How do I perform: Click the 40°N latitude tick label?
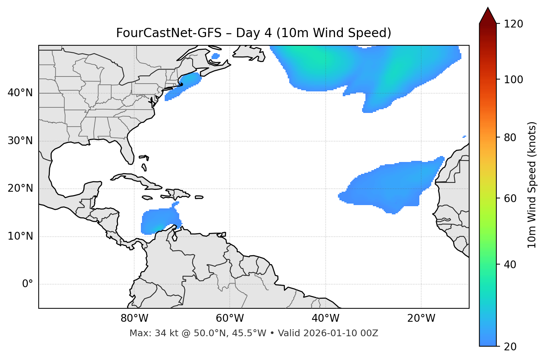tap(20, 93)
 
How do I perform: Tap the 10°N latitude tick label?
tap(20, 236)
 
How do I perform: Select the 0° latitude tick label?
tap(28, 284)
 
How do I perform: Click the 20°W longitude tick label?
tap(421, 318)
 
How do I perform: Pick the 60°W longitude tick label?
tap(229, 318)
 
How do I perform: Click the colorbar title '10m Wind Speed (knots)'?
tap(532, 185)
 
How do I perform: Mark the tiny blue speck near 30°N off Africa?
tap(464, 137)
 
